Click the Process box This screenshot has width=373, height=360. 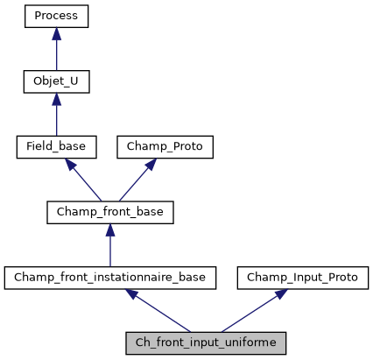(x=57, y=17)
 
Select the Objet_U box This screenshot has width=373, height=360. (x=57, y=82)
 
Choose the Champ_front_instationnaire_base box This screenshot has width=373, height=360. (x=109, y=278)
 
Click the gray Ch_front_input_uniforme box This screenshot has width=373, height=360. (x=205, y=342)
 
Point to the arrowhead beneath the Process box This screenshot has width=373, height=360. (x=57, y=34)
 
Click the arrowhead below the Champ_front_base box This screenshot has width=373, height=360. (x=109, y=229)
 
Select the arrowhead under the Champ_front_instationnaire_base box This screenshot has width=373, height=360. (x=135, y=294)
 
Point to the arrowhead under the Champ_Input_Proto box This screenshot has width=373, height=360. (x=275, y=294)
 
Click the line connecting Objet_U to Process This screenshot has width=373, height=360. (x=57, y=55)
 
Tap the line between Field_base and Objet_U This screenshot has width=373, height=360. (x=57, y=121)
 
